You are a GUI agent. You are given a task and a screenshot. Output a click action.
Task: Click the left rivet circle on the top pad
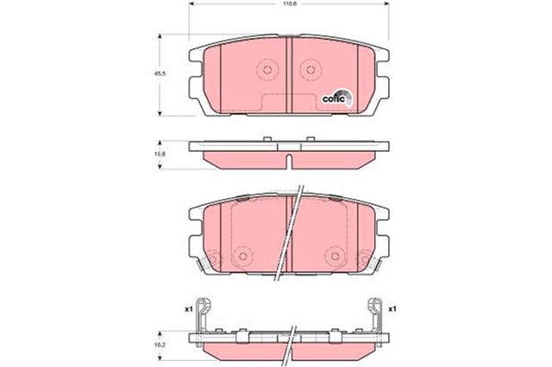(x=267, y=70)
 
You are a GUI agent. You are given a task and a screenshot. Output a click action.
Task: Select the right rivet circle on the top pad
(x=308, y=70)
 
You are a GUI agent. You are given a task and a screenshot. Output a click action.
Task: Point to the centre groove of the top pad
(x=287, y=73)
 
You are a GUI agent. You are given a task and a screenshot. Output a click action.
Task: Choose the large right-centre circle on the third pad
(x=334, y=256)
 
